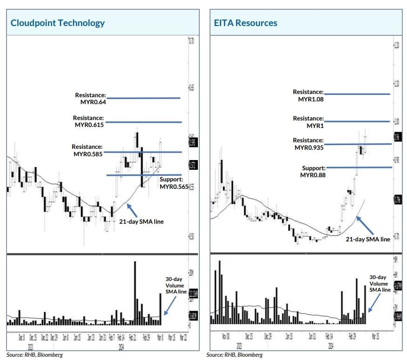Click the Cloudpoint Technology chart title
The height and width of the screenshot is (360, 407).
pyautogui.click(x=58, y=23)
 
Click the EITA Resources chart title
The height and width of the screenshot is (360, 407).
pyautogui.click(x=245, y=23)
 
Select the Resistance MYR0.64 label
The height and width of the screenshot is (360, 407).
pyautogui.click(x=91, y=98)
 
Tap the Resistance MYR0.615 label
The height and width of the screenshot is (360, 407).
pyautogui.click(x=88, y=121)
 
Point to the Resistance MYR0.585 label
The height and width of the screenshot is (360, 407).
pyautogui.click(x=88, y=150)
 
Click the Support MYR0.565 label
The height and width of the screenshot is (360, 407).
pyautogui.click(x=174, y=183)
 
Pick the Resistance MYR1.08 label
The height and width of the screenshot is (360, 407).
pyautogui.click(x=308, y=96)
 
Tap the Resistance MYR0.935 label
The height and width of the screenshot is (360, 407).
pyautogui.click(x=308, y=144)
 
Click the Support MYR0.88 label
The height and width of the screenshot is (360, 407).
pyautogui.click(x=313, y=171)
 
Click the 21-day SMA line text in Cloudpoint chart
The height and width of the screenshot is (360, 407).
pyautogui.click(x=141, y=221)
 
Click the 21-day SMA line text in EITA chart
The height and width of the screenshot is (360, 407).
pyautogui.click(x=367, y=239)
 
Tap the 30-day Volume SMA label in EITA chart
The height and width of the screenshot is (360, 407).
pyautogui.click(x=380, y=283)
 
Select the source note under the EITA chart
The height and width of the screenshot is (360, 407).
pyautogui.click(x=235, y=355)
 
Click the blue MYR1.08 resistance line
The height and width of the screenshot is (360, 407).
pyautogui.click(x=356, y=94)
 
